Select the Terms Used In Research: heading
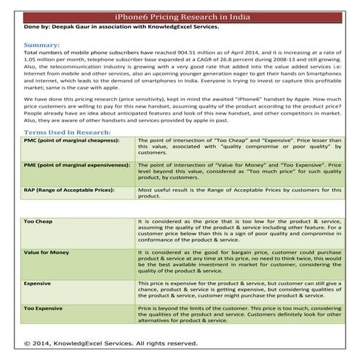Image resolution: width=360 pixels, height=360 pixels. pyautogui.click(x=68, y=133)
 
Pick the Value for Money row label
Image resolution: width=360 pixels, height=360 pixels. pyautogui.click(x=47, y=252)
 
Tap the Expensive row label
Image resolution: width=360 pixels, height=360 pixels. pyautogui.click(x=38, y=282)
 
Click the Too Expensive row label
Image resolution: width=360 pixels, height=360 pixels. pyautogui.click(x=44, y=309)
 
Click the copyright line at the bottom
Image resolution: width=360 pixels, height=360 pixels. pyautogui.click(x=111, y=342)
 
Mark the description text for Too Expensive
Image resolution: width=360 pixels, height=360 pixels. pyautogui.click(x=240, y=315)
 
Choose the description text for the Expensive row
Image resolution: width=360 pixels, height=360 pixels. pyautogui.click(x=240, y=290)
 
